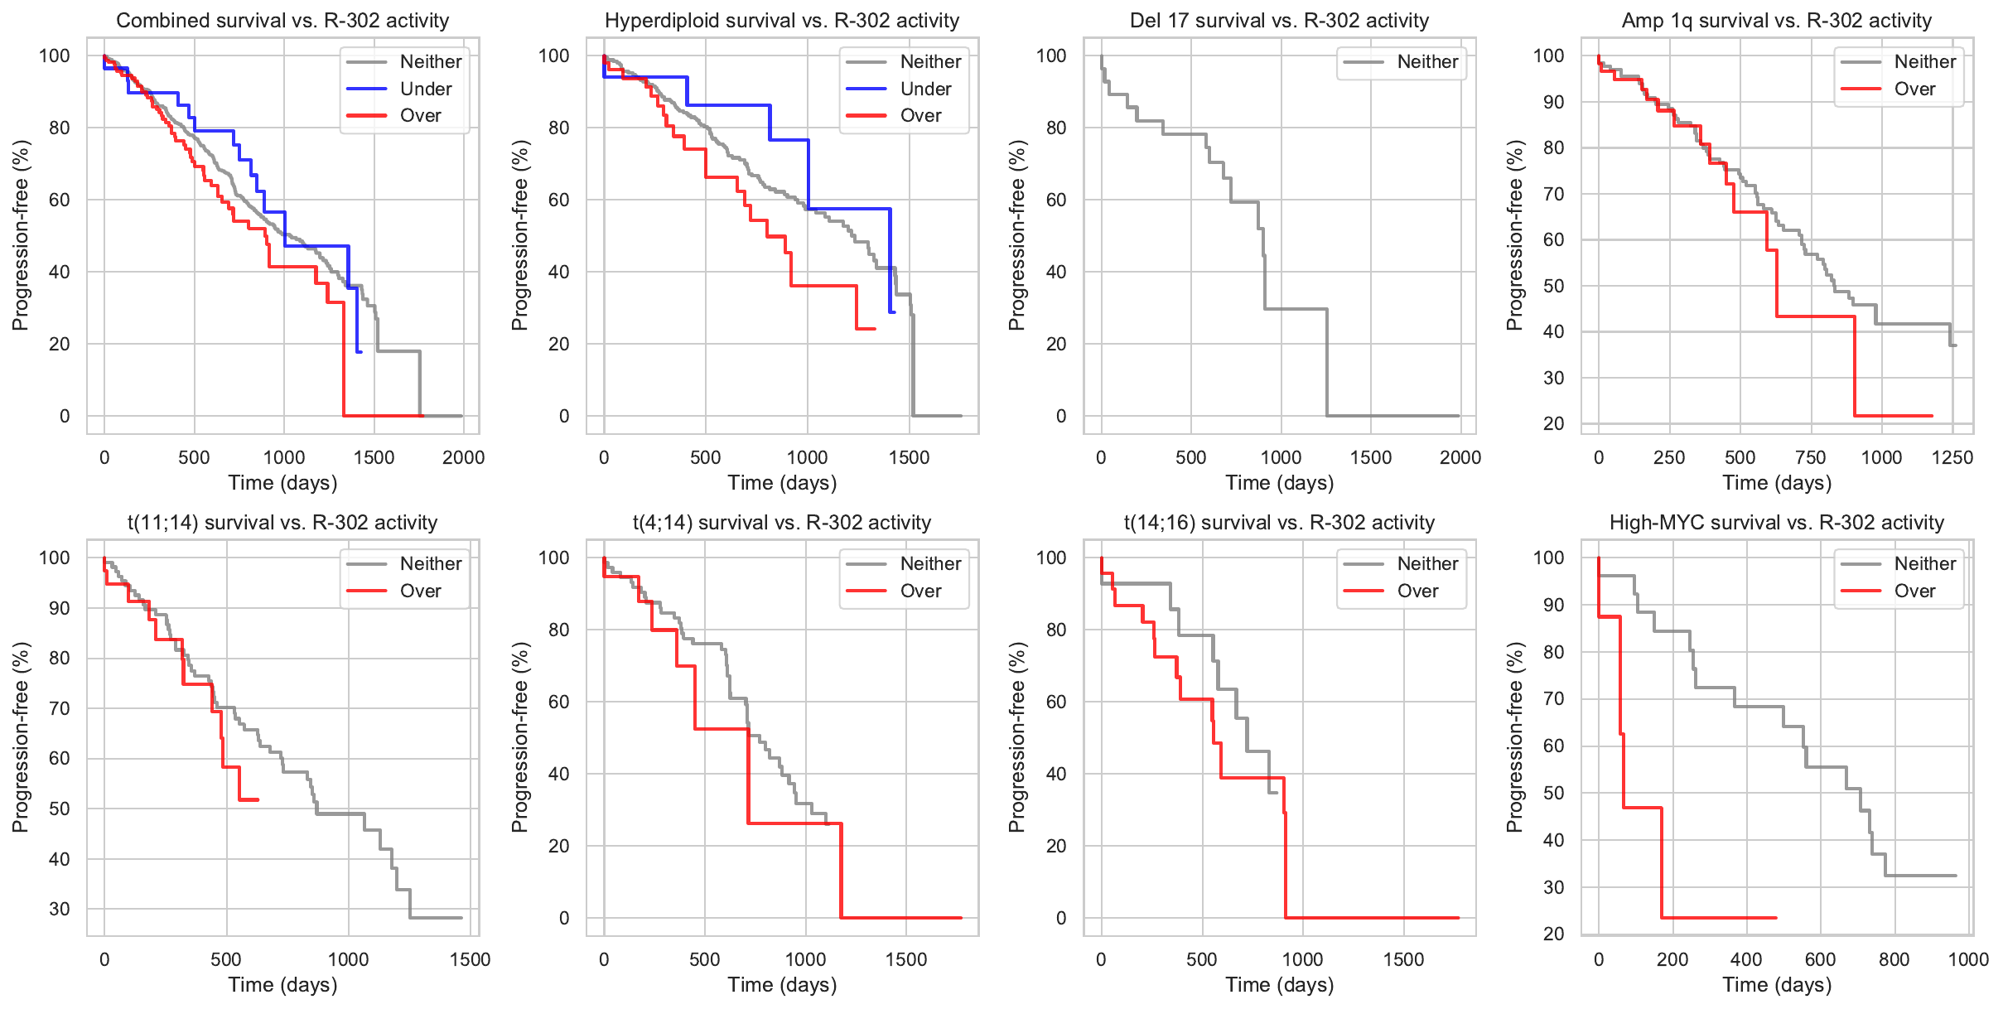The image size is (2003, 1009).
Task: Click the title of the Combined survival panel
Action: tap(282, 21)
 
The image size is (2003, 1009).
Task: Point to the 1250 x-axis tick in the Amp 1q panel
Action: tap(1952, 457)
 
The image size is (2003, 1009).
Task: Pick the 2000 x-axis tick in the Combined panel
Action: tap(463, 457)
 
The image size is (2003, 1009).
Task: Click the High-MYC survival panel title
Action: tap(1777, 523)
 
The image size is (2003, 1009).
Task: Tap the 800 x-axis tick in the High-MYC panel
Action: tap(1894, 959)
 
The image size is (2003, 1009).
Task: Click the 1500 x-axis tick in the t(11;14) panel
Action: tap(471, 959)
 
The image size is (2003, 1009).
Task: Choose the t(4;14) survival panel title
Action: tap(782, 523)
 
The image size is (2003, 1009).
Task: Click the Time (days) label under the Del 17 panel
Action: tap(1280, 483)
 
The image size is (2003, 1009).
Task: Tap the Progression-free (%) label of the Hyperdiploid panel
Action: tap(520, 235)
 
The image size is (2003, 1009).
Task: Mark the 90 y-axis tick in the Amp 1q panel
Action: tap(1549, 102)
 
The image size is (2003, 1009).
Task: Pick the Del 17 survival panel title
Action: tap(1280, 21)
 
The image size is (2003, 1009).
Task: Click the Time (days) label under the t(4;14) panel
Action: tap(782, 985)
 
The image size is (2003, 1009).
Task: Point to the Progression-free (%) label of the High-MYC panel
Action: tap(1515, 737)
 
